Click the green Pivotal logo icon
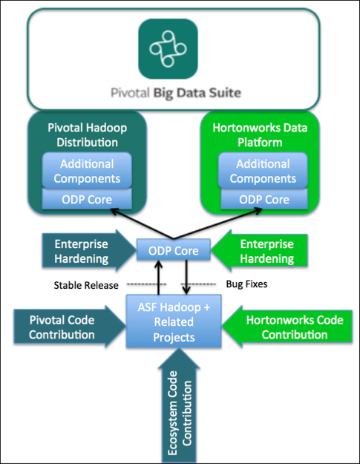pyautogui.click(x=168, y=49)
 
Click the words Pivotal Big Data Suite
pyautogui.click(x=176, y=93)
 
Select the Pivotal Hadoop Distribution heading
pyautogui.click(x=88, y=135)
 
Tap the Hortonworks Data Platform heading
pyautogui.click(x=260, y=135)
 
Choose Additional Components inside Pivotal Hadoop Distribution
pyautogui.click(x=87, y=171)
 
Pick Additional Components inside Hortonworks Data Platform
pyautogui.click(x=263, y=171)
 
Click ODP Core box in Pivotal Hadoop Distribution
pyautogui.click(x=87, y=199)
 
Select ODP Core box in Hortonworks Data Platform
pyautogui.click(x=264, y=199)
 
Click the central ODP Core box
pyautogui.click(x=174, y=250)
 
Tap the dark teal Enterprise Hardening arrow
pyautogui.click(x=89, y=251)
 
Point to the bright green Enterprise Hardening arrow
pyautogui.click(x=260, y=251)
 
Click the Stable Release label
pyautogui.click(x=86, y=285)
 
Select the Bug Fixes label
pyautogui.click(x=246, y=284)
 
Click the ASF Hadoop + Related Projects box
pyautogui.click(x=174, y=321)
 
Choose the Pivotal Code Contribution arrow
pyautogui.click(x=70, y=327)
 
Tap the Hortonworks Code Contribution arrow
pyautogui.click(x=287, y=327)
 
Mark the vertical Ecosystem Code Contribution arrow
pyautogui.click(x=180, y=406)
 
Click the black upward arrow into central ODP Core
pyautogui.click(x=159, y=278)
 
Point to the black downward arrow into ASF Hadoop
pyautogui.click(x=186, y=278)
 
